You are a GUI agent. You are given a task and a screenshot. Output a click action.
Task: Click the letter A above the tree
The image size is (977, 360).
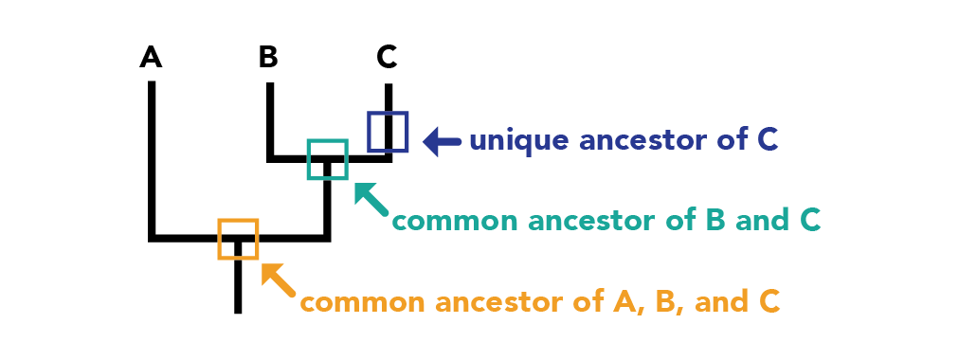click(x=151, y=57)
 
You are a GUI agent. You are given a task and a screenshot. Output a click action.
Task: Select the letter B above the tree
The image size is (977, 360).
click(x=268, y=57)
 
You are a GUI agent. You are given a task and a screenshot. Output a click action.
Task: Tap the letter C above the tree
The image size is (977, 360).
click(x=387, y=57)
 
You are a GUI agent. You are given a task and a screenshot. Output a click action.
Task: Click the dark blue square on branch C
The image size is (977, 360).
click(x=369, y=132)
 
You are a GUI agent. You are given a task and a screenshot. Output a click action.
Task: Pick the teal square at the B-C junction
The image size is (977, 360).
click(x=309, y=159)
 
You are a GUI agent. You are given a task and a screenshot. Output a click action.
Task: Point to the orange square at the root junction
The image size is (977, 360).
click(x=219, y=239)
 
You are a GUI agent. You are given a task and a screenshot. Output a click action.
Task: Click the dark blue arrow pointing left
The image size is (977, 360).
click(x=442, y=141)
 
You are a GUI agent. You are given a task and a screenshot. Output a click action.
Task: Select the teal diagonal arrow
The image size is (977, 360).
click(x=371, y=199)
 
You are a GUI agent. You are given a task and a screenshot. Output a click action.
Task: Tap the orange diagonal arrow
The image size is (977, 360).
click(x=279, y=279)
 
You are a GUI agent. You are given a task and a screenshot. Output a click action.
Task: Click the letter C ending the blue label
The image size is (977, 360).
click(x=768, y=141)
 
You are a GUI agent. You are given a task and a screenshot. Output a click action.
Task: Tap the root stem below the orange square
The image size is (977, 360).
click(x=238, y=286)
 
